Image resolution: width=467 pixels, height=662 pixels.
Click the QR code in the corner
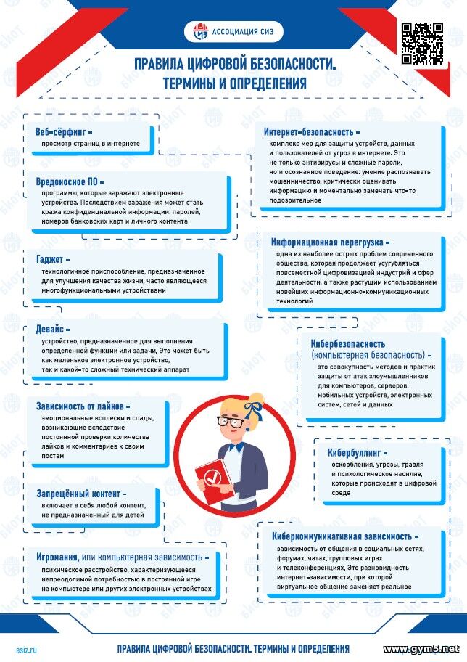(421, 42)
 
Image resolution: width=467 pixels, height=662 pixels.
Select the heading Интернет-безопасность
(311, 133)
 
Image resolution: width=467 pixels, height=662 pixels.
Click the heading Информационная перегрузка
(329, 241)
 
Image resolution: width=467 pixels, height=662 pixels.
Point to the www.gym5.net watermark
(421, 647)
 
